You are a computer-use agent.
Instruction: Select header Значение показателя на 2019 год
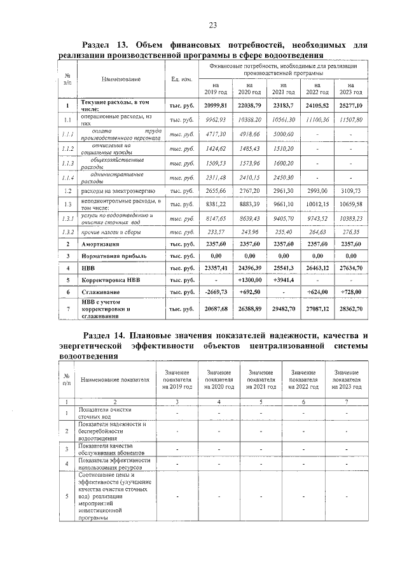[x=177, y=379]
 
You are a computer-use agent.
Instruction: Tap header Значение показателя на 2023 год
[x=346, y=379]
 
